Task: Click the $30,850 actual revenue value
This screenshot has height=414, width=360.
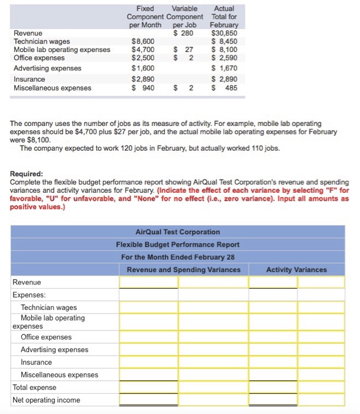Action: coord(225,33)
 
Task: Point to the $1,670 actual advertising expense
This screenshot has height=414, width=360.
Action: coord(225,69)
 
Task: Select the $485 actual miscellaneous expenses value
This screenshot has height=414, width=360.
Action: coord(225,88)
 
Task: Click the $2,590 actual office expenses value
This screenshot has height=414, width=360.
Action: coord(225,58)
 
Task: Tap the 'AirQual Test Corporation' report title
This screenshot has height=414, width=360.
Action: coord(177,232)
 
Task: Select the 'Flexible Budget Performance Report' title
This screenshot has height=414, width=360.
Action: coord(177,244)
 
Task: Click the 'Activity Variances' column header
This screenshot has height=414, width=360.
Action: coord(296,270)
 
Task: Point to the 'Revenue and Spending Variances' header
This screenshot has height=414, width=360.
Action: coord(183,270)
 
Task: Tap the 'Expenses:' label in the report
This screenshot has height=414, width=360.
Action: coord(29,295)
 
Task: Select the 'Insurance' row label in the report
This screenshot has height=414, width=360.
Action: coord(36,362)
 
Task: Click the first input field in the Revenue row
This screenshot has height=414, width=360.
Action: coord(148,282)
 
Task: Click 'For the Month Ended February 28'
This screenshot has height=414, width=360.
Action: coord(177,257)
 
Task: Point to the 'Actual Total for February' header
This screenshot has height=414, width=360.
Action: coord(224,17)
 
